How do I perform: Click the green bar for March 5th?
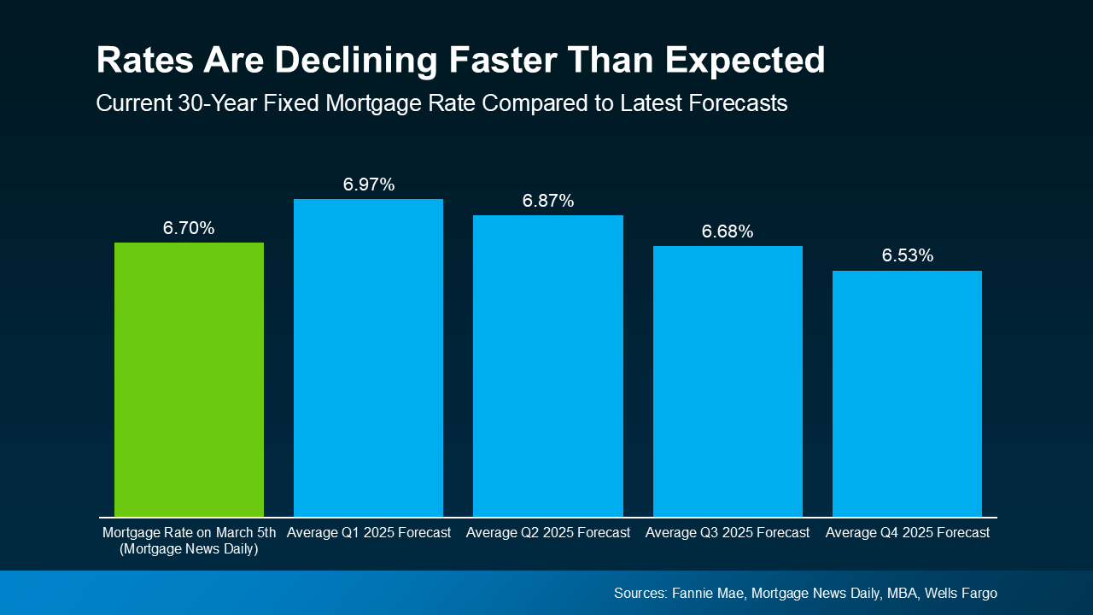189,379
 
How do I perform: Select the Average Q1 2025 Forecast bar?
368,358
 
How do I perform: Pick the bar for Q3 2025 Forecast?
728,381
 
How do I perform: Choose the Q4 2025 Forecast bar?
907,394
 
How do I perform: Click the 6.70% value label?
189,228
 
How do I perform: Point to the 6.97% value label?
368,184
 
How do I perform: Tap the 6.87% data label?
547,201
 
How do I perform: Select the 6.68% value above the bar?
728,231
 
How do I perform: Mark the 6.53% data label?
907,255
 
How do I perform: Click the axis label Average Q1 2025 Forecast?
368,532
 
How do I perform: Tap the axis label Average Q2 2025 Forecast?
547,532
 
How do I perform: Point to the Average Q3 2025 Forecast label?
728,532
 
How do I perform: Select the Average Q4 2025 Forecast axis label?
907,532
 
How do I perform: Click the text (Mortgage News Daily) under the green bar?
189,549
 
